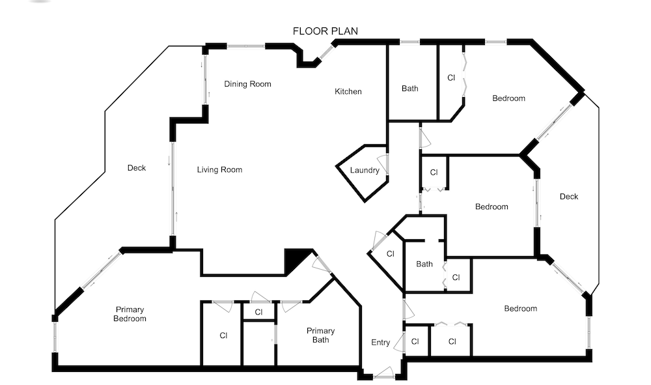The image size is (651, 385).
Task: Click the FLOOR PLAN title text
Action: [325, 31]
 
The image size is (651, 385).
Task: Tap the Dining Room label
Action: [247, 84]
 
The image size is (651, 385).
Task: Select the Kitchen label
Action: [348, 91]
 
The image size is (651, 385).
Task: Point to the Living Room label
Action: [219, 169]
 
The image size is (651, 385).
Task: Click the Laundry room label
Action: [365, 170]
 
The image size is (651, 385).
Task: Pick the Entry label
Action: [380, 343]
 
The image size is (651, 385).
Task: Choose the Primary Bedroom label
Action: [130, 314]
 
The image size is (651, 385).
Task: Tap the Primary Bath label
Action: [320, 335]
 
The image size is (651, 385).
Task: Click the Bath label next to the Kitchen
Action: [409, 89]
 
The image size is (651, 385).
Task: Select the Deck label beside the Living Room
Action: [137, 168]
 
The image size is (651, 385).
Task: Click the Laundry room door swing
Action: [383, 164]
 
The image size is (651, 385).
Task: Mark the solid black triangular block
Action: [296, 260]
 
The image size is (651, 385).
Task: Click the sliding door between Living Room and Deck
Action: [173, 189]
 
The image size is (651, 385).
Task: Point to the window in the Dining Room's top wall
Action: [246, 46]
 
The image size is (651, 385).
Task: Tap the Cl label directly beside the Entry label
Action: [415, 342]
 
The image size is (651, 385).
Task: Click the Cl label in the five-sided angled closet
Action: [390, 254]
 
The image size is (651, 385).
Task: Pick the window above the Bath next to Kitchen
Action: [409, 42]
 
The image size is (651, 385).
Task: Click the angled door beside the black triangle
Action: [322, 264]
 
